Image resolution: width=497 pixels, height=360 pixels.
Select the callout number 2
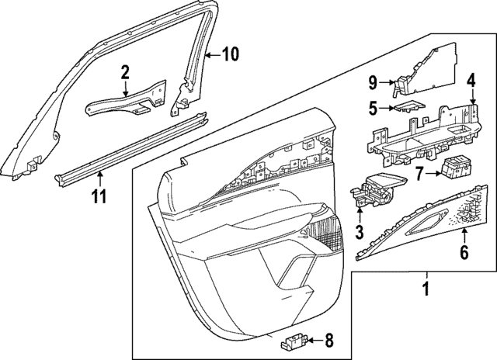(x=125, y=73)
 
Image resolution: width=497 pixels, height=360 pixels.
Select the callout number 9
(x=373, y=81)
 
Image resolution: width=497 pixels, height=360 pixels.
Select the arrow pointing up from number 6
(x=464, y=234)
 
